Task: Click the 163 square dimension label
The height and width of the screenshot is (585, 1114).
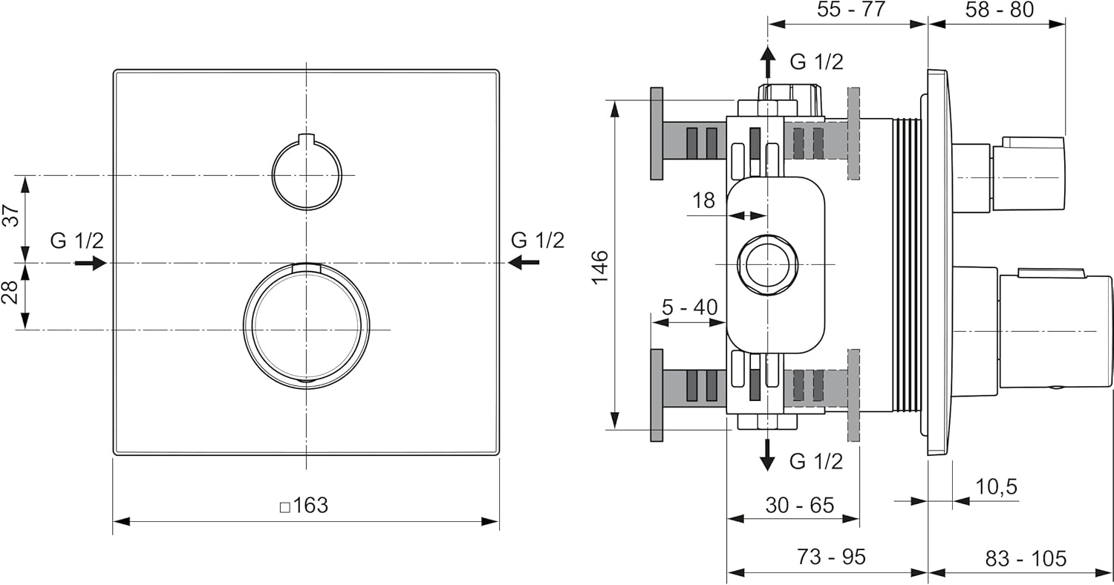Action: [304, 506]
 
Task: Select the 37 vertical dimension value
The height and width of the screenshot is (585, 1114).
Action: [10, 217]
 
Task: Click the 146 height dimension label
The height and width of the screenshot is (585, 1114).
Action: [599, 266]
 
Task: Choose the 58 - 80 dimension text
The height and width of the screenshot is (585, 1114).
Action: [1000, 10]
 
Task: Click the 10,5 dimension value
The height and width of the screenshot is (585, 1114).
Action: [996, 487]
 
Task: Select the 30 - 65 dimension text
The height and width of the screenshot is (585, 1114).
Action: [800, 505]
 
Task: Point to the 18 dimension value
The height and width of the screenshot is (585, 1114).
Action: [703, 200]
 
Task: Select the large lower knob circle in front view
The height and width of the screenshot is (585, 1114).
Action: [306, 327]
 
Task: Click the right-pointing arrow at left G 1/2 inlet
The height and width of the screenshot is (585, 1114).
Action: [91, 263]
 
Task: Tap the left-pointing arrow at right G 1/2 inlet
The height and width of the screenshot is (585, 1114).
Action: [524, 262]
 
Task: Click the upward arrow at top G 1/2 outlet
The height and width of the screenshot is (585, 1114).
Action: [769, 62]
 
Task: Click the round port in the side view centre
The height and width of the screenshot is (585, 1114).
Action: [766, 264]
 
